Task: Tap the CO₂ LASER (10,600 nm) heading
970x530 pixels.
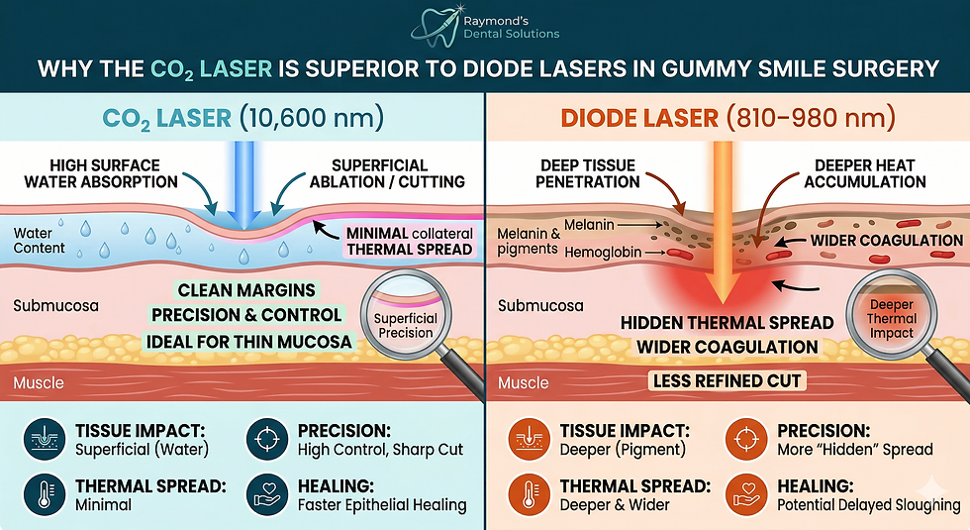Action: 242,119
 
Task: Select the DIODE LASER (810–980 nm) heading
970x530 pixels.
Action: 727,119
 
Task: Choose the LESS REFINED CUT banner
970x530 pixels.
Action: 727,380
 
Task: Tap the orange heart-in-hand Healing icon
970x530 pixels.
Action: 745,495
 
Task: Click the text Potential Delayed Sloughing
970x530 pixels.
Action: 869,505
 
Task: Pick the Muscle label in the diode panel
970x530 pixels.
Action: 523,382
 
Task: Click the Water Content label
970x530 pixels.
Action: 40,240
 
